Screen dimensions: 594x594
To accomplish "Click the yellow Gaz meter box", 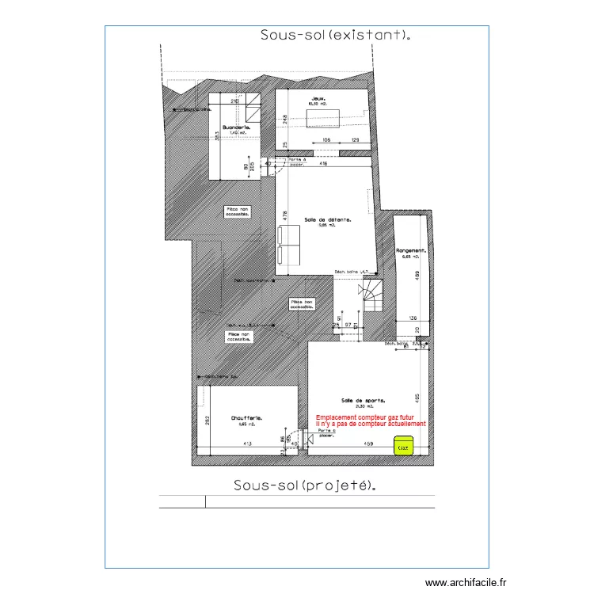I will point(404,447).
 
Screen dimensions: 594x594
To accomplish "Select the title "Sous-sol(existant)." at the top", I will point(336,35).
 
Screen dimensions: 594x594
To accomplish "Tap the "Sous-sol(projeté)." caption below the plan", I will point(304,485).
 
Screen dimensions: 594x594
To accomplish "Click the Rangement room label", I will point(412,252).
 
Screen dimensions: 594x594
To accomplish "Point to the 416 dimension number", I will point(323,164).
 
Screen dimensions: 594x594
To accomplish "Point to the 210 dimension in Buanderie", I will point(234,101).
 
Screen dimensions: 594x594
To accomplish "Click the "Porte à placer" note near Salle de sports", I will point(315,433).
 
